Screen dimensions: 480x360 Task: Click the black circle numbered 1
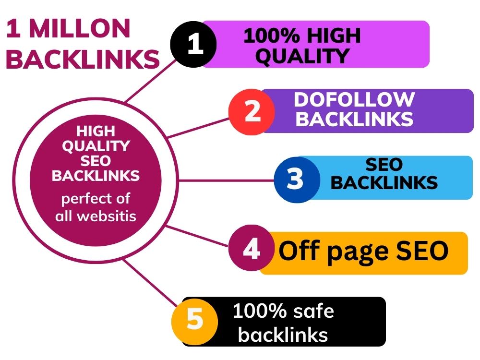pyautogui.click(x=193, y=44)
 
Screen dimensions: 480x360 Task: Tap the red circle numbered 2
pyautogui.click(x=252, y=112)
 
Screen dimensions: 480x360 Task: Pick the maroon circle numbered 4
pyautogui.click(x=252, y=248)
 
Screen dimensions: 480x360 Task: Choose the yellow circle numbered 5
pyautogui.click(x=195, y=321)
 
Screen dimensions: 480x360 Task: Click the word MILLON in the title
pyautogui.click(x=80, y=28)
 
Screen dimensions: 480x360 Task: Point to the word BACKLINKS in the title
pyautogui.click(x=83, y=59)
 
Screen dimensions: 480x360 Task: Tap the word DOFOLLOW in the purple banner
pyautogui.click(x=354, y=99)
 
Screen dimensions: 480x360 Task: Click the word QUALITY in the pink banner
pyautogui.click(x=302, y=56)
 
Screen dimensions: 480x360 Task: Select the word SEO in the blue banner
pyautogui.click(x=384, y=164)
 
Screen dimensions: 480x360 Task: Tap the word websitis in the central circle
pyautogui.click(x=107, y=216)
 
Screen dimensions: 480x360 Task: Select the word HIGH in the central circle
pyautogui.click(x=96, y=131)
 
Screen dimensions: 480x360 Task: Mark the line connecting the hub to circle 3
pyautogui.click(x=227, y=180)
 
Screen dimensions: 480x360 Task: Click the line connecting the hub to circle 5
pyautogui.click(x=150, y=282)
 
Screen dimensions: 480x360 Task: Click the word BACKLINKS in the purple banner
pyautogui.click(x=354, y=119)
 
